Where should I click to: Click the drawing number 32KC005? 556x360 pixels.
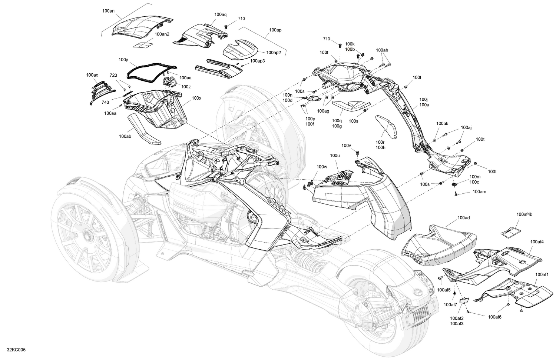pos(13,350)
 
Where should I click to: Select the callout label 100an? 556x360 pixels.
pos(108,11)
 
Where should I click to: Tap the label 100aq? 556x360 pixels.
pos(221,14)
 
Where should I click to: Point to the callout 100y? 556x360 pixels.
pos(123,60)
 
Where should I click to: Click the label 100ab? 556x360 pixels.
pos(125,136)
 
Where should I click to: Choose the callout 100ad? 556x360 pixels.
pos(463,218)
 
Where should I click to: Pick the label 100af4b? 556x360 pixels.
pos(524,214)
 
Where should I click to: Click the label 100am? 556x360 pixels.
pos(479,192)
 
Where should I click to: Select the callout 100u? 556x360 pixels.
pos(335,156)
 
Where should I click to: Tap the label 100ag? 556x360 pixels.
pos(323,111)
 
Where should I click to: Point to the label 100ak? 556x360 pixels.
pos(442,124)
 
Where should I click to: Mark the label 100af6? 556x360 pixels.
pos(495,317)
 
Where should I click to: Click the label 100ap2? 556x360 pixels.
pos(274,53)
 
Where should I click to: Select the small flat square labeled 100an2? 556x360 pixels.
pos(143,44)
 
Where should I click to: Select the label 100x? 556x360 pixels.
pos(197,99)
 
